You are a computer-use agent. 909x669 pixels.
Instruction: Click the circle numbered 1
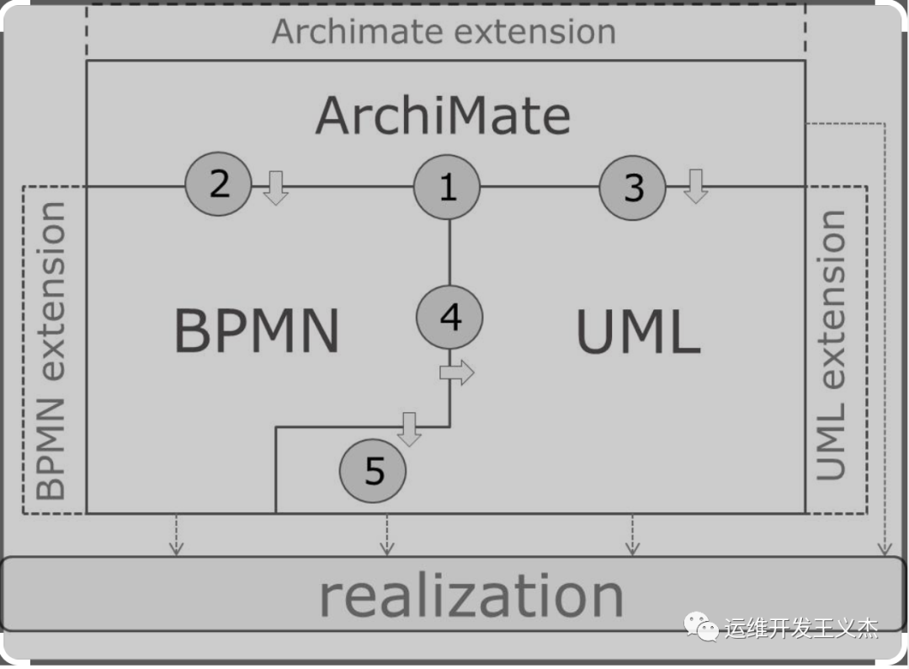pos(447,187)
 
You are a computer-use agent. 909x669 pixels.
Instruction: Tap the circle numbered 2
pos(218,183)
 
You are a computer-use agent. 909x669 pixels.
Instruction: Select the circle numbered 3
pos(633,187)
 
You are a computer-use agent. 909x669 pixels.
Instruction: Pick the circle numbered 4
pos(450,318)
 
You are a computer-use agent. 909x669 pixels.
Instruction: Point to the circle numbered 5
pos(373,472)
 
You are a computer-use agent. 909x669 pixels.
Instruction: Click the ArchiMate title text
pos(444,115)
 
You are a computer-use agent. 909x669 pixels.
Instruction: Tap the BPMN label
pos(257,331)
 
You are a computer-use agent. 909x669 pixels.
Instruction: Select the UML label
pos(638,333)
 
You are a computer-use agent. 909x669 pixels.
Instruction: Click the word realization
pos(470,596)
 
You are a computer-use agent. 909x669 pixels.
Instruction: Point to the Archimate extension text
pos(444,32)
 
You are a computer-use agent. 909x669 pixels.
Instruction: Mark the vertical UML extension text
pos(832,345)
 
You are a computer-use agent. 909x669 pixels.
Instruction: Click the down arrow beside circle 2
pos(275,186)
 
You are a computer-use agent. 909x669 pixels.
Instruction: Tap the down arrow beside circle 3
pos(695,186)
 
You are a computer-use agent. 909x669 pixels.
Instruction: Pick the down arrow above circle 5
pos(410,429)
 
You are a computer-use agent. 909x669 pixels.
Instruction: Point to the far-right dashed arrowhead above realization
pos(885,548)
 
